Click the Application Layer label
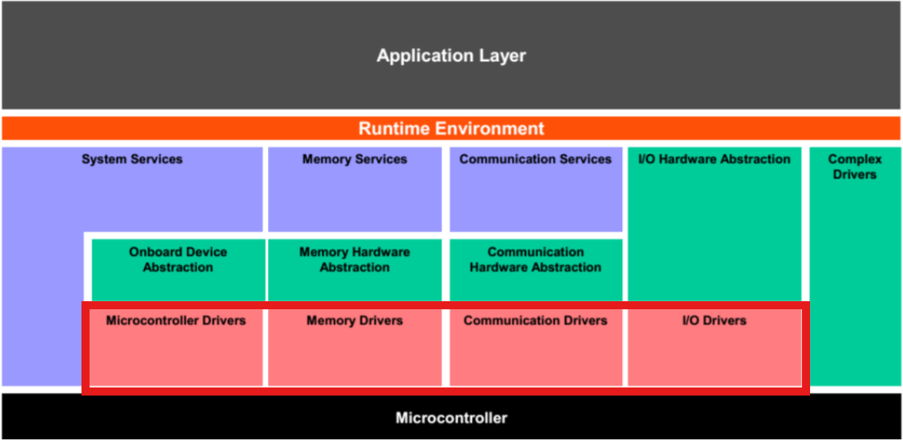click(x=451, y=55)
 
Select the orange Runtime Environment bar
click(x=451, y=128)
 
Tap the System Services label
click(x=132, y=160)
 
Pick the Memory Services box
click(x=355, y=189)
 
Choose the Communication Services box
click(x=535, y=189)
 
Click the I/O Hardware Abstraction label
click(x=714, y=160)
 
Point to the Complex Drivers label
click(x=855, y=167)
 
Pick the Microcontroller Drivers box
click(x=176, y=348)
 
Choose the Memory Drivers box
click(x=355, y=348)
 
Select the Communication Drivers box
click(x=535, y=348)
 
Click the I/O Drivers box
click(x=714, y=348)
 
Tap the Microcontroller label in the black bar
click(x=451, y=418)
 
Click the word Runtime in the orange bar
click(x=394, y=128)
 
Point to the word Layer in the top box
click(x=500, y=55)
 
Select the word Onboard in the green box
click(x=156, y=252)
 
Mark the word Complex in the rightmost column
click(x=855, y=160)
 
